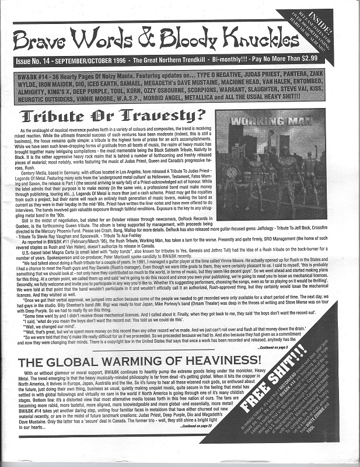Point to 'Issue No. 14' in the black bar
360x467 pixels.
click(x=39, y=60)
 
